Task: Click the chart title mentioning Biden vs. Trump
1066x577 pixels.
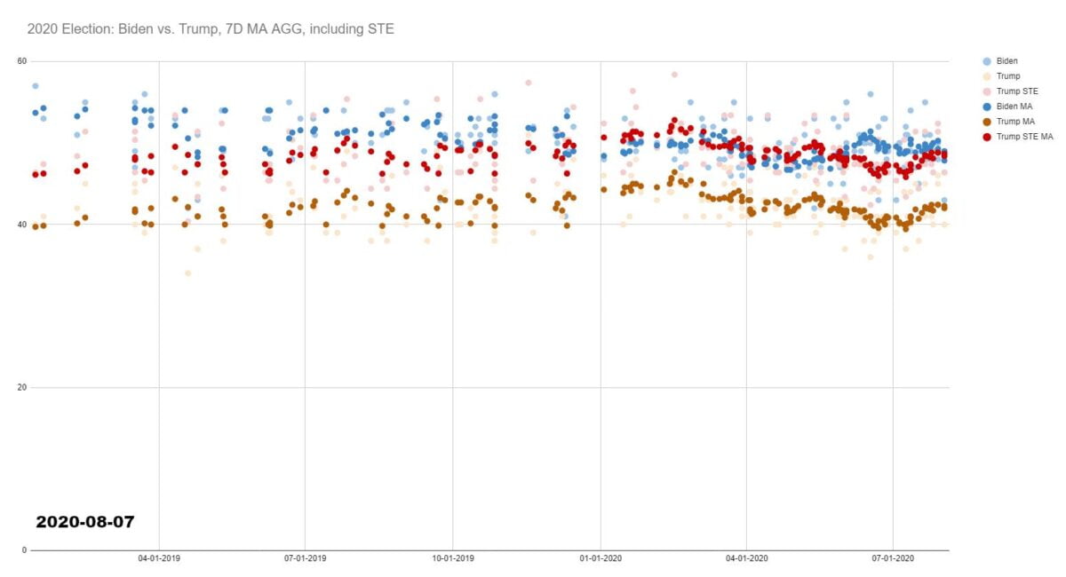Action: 211,29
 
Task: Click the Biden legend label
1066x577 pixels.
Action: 1007,61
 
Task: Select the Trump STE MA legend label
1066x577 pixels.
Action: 1022,137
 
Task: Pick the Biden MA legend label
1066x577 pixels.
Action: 1013,107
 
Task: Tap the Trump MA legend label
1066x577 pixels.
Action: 1014,122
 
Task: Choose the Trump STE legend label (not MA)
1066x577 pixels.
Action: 1016,91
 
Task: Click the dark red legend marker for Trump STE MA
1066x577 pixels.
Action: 986,137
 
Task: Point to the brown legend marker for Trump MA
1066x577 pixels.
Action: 986,122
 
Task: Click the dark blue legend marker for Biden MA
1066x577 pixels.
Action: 986,107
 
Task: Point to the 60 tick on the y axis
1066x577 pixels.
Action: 22,60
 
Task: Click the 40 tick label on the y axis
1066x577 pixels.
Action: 22,224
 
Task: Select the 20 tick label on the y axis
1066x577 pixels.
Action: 22,387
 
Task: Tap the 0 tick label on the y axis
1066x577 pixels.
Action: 25,549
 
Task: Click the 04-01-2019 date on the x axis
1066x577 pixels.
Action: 159,558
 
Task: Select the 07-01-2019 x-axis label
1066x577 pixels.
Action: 306,558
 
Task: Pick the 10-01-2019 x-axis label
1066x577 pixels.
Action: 453,558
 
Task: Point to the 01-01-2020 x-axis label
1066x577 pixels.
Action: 601,558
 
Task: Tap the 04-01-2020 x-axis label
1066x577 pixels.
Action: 746,558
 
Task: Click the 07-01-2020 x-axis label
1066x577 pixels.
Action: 893,558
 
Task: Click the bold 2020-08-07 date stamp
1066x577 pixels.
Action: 85,522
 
